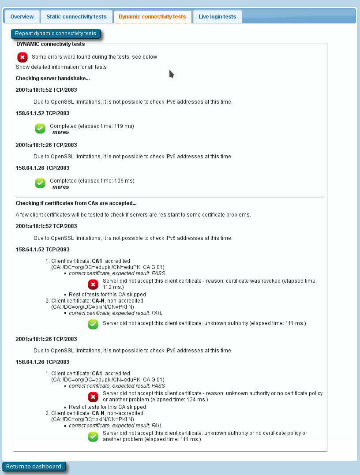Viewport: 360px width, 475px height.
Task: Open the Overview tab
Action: tap(22, 17)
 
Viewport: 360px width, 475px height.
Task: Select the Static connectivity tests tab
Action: tap(76, 17)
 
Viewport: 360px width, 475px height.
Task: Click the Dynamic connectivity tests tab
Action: tap(152, 17)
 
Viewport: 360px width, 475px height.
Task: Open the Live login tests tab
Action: tap(217, 17)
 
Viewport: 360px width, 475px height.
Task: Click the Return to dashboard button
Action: tap(34, 467)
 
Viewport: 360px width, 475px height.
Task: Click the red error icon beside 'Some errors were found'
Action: tap(22, 57)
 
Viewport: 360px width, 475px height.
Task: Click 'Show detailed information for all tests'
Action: tap(61, 67)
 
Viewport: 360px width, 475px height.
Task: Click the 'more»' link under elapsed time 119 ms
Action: tap(60, 132)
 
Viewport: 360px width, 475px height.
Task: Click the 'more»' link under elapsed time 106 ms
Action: tap(60, 187)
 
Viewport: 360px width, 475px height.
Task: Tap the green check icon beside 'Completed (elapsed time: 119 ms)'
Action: tap(40, 128)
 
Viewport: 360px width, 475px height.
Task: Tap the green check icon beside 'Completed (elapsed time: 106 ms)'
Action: tap(40, 183)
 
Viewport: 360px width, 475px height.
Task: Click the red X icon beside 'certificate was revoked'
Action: tap(93, 284)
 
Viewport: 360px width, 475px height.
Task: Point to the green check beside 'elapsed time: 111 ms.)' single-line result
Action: tap(93, 324)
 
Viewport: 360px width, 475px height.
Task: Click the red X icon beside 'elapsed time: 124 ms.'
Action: tap(93, 396)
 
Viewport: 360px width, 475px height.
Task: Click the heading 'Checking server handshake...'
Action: tap(52, 79)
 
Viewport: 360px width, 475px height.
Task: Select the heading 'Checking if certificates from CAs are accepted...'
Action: tap(76, 203)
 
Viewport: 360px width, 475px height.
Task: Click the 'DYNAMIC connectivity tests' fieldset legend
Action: tap(51, 44)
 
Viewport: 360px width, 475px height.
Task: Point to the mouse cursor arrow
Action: tap(171, 74)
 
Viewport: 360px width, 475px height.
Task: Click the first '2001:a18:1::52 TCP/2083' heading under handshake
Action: tap(46, 90)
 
